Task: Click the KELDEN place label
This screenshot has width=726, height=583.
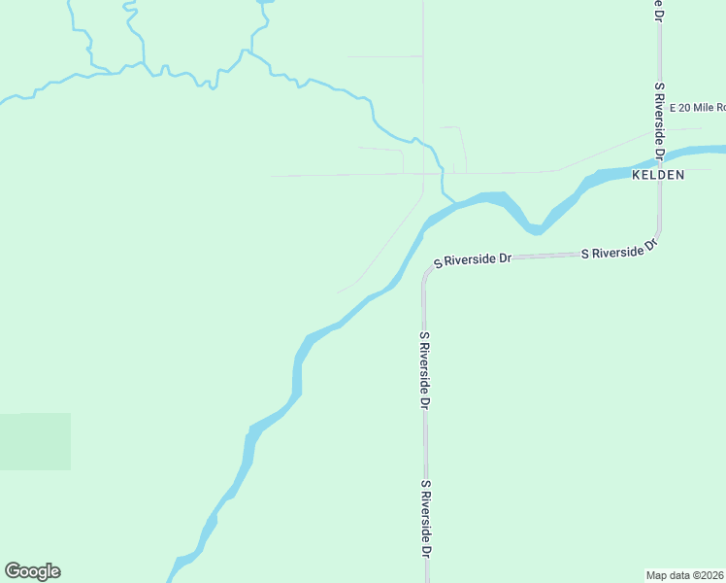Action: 658,175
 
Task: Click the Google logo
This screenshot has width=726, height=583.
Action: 32,571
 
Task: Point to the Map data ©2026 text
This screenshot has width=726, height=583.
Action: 685,575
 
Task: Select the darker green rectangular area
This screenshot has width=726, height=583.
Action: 35,441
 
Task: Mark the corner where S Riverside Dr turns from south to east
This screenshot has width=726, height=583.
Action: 426,271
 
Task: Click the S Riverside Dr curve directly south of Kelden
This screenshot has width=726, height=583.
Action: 655,243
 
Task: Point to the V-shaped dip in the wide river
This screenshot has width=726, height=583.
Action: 535,230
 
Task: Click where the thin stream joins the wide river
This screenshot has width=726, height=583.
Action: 455,202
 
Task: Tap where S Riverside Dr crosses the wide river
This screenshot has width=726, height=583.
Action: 660,155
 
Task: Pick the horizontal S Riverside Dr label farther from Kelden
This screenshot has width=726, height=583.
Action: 473,260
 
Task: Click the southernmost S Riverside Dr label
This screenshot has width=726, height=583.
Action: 425,518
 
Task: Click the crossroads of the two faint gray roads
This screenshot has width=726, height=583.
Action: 423,174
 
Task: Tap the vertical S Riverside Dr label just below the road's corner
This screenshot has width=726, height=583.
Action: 425,369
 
